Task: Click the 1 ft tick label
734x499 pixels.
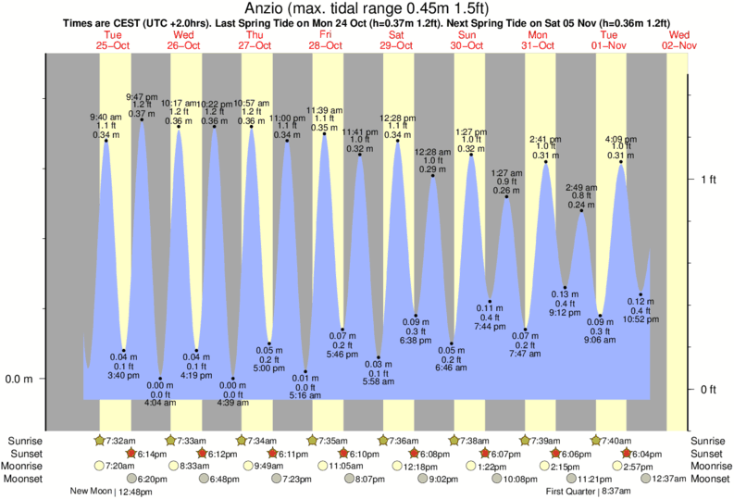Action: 708,178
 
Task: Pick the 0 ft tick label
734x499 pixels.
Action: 708,389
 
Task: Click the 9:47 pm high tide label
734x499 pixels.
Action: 142,95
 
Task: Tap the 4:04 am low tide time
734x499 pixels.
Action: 160,402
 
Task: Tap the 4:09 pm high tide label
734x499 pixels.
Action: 619,139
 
